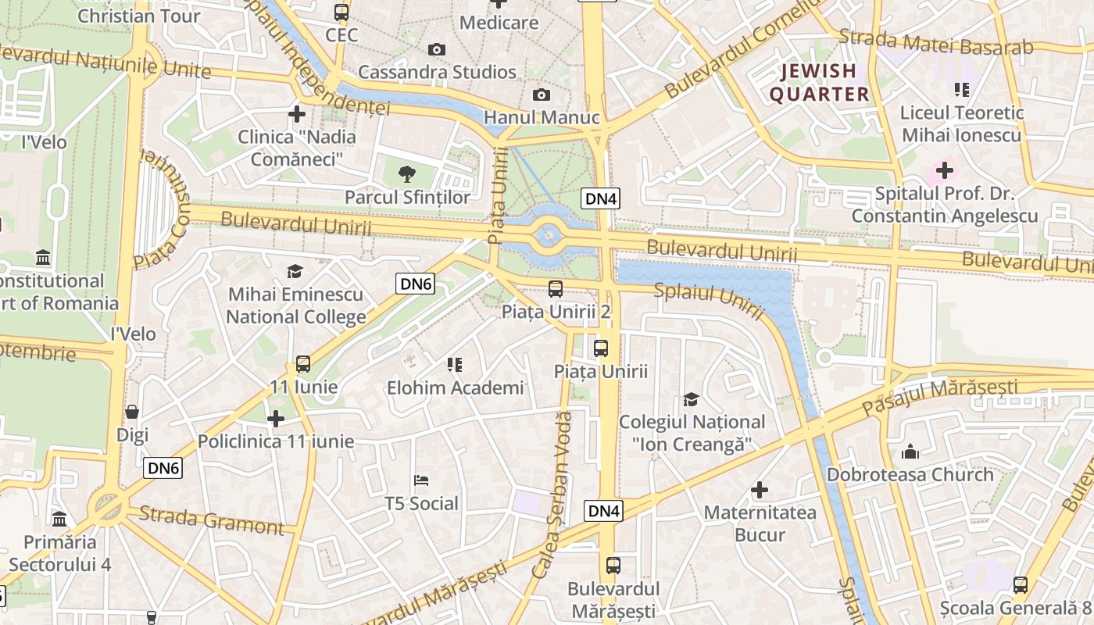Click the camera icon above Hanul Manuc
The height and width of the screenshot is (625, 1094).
pos(541,95)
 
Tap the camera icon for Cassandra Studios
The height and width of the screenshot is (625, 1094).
pos(437,50)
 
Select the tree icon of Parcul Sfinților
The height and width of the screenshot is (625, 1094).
pos(406,174)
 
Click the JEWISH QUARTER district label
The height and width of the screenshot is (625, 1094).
pos(819,83)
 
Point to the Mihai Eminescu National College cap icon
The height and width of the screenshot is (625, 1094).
pos(295,272)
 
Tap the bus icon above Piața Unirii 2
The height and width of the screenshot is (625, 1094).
pos(556,289)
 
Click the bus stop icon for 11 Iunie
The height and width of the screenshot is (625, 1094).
pos(303,364)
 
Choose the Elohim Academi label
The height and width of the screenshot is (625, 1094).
pos(456,387)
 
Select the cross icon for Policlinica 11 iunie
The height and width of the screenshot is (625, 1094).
pos(276,419)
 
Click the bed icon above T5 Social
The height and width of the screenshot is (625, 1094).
pos(421,480)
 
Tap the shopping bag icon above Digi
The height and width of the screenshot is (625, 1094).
pos(132,412)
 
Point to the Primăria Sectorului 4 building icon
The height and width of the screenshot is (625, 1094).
pos(59,519)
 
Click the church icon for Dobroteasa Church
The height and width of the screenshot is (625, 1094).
pos(910,452)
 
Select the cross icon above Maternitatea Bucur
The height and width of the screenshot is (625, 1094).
pos(760,490)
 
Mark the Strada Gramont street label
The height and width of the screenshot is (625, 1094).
pos(211,520)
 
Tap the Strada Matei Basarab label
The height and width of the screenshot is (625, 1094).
pos(935,42)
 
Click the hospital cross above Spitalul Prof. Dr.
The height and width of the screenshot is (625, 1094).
pos(945,170)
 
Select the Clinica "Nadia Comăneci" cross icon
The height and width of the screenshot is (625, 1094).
pos(297,114)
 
